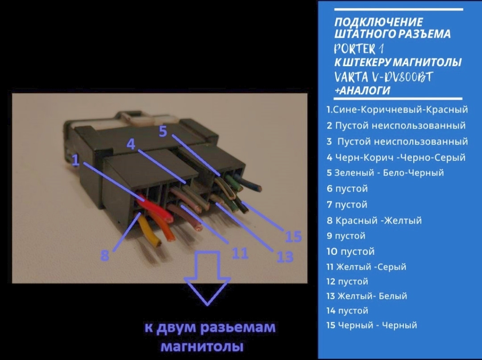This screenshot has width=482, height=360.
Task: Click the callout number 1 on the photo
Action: (76, 160)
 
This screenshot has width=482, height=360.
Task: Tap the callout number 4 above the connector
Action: (131, 144)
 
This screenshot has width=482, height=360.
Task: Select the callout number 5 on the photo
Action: (163, 131)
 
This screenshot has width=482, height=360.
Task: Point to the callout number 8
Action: (104, 256)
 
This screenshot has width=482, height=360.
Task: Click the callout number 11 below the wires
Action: (239, 253)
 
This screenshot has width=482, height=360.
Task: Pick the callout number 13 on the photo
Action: (285, 257)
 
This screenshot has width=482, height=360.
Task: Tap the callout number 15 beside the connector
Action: (293, 236)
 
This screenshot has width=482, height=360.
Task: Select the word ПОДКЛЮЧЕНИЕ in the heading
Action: (378, 22)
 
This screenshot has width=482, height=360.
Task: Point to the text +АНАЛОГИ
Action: (363, 90)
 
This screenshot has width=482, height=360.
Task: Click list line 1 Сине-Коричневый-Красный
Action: (397, 109)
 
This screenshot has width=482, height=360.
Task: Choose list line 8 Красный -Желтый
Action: (374, 220)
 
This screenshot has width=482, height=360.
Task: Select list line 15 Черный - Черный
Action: (372, 325)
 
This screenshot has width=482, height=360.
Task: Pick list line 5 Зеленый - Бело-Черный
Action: (385, 172)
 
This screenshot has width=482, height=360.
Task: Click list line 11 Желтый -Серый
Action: (366, 267)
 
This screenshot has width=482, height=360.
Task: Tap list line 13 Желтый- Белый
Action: (367, 296)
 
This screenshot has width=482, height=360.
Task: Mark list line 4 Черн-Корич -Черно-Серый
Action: (396, 157)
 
